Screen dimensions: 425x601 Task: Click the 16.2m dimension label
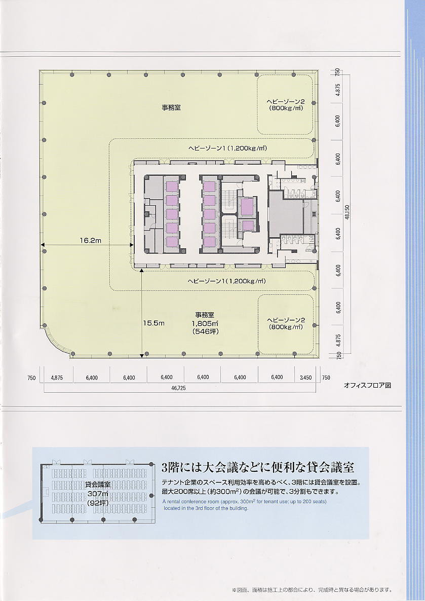(91, 240)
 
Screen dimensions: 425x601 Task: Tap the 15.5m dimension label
(153, 323)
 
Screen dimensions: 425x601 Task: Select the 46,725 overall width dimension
(178, 388)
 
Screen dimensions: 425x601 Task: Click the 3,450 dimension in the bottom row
(305, 378)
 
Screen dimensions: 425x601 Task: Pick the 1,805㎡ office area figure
(205, 323)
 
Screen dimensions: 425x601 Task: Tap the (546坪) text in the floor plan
(206, 331)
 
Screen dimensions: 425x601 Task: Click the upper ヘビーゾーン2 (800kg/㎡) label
(286, 104)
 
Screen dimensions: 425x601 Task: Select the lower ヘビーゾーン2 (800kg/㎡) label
(286, 323)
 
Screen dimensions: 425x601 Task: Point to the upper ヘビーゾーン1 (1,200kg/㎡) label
(227, 148)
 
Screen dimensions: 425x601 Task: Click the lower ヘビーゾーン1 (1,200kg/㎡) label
(227, 281)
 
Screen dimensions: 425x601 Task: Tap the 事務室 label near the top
(171, 108)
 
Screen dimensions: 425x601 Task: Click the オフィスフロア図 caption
(367, 386)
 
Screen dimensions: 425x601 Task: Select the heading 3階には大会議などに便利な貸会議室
(258, 467)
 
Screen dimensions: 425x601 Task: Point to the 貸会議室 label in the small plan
(98, 485)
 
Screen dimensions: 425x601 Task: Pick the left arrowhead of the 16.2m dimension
(43, 245)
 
